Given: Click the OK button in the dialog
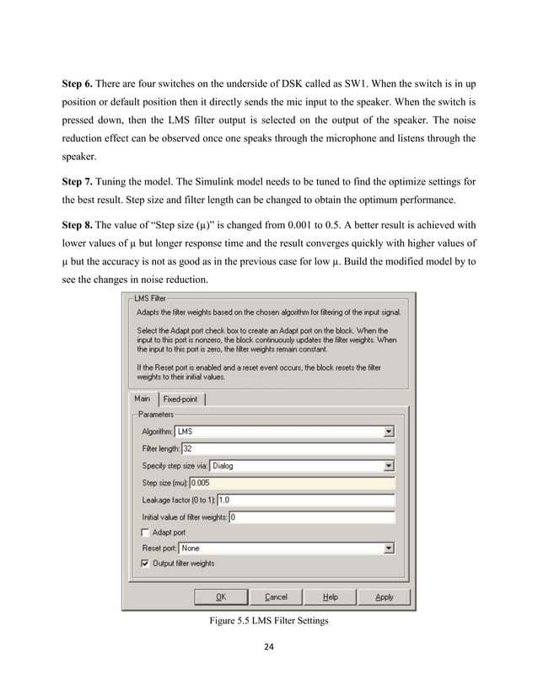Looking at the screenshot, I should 220,597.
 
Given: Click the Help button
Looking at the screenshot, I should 331,597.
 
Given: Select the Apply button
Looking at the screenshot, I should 384,597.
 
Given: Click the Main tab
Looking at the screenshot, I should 142,399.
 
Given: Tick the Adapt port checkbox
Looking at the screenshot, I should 145,533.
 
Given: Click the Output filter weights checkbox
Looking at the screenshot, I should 145,563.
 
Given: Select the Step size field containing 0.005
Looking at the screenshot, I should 292,482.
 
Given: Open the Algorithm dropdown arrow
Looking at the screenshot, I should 388,431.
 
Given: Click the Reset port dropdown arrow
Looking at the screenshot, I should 388,548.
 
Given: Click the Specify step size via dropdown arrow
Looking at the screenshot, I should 388,464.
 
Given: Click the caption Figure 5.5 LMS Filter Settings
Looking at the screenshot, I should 268,624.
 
